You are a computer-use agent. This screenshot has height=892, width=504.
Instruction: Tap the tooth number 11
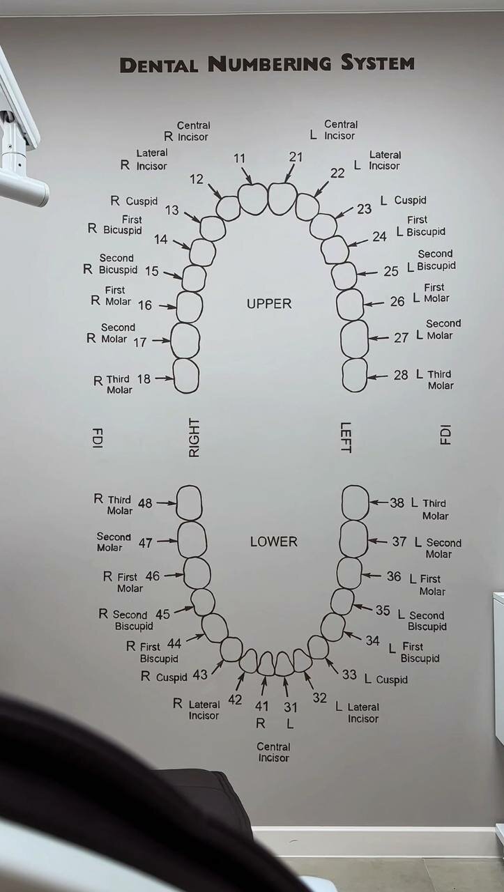pos(239,158)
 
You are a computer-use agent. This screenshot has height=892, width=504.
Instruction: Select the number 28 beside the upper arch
pos(401,375)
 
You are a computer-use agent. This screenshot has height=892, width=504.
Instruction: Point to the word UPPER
pos(269,304)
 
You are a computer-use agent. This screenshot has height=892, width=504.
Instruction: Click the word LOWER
pos(273,541)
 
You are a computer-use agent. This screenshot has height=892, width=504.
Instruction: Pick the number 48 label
pos(145,502)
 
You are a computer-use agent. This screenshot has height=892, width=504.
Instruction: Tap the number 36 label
pos(394,576)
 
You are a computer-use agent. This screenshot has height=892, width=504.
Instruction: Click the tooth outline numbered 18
pos(186,376)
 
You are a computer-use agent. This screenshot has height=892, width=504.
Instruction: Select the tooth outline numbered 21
pos(282,199)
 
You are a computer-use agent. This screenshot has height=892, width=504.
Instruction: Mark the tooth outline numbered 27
pos(354,339)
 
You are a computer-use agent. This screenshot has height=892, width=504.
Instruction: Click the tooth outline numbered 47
pos(192,539)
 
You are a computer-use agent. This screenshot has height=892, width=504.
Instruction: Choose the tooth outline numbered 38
pos(356,502)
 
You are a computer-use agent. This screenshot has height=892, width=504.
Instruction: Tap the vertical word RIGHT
pos(194,438)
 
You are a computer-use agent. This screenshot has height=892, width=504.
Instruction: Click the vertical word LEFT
pos(346,438)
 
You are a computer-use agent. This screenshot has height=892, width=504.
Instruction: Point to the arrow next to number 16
pos(167,306)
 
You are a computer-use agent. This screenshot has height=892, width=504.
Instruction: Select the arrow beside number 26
pos(374,303)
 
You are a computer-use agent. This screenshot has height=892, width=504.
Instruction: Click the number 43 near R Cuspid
pos(200,675)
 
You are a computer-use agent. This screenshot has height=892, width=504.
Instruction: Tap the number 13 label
pos(172,210)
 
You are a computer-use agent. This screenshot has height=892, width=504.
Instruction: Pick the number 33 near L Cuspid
pos(349,675)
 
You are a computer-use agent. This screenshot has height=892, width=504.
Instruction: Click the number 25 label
pos(391,271)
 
